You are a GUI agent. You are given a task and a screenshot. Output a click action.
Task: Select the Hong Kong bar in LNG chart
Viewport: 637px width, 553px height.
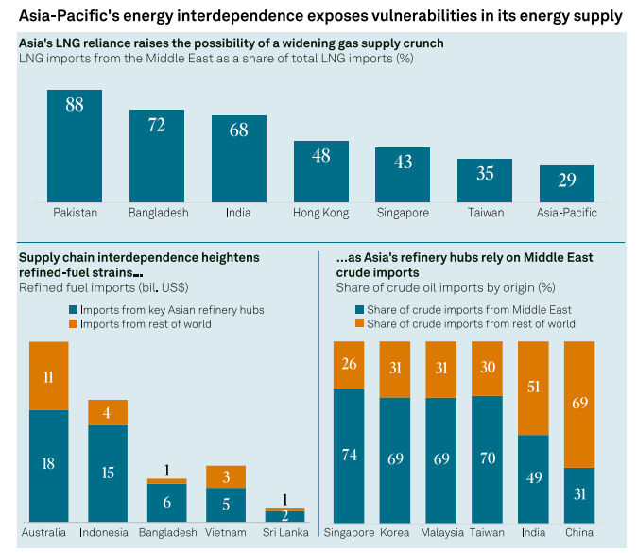(320, 171)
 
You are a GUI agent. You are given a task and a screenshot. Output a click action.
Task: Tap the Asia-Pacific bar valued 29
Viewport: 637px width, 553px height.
(566, 182)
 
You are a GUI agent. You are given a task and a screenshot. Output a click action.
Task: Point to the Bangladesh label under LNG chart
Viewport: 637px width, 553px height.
(157, 213)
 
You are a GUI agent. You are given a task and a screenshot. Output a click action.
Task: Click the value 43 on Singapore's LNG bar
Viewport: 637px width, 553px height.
(403, 162)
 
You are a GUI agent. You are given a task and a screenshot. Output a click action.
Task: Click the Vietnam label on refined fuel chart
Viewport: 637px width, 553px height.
(226, 533)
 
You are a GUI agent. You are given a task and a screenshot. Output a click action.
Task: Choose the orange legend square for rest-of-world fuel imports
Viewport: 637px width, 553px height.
(74, 324)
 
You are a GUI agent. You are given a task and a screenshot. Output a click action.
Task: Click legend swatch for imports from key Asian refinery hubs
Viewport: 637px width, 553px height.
(74, 310)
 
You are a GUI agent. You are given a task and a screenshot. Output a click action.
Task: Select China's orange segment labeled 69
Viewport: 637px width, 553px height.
(579, 404)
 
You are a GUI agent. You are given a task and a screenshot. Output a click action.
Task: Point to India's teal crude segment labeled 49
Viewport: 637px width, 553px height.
(534, 477)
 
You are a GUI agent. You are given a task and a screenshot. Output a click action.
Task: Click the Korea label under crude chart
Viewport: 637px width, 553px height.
(395, 533)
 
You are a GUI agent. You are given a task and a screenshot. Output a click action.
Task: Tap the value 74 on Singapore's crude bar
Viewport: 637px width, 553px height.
(350, 454)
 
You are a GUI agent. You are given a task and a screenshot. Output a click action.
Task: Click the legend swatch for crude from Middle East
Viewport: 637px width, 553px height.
(359, 310)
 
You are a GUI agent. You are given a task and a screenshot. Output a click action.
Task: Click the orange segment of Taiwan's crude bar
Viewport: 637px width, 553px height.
(488, 368)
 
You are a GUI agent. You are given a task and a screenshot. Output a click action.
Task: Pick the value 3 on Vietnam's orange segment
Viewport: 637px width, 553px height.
(226, 476)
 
